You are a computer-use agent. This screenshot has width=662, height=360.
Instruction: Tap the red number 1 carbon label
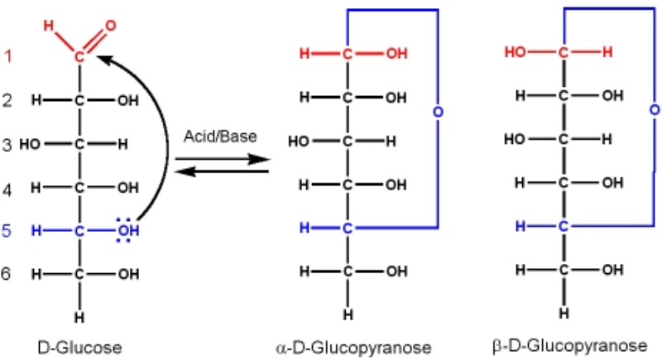click(7, 57)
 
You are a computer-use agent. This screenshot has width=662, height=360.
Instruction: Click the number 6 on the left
click(7, 272)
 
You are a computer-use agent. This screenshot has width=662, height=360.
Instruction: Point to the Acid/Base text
click(220, 139)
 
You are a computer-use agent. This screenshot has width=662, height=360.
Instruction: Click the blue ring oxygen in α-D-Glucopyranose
click(438, 111)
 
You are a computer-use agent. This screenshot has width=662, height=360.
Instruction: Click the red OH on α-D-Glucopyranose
click(396, 55)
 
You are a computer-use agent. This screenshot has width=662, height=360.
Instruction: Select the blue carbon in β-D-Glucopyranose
click(564, 225)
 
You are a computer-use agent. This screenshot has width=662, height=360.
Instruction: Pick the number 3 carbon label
click(7, 145)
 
